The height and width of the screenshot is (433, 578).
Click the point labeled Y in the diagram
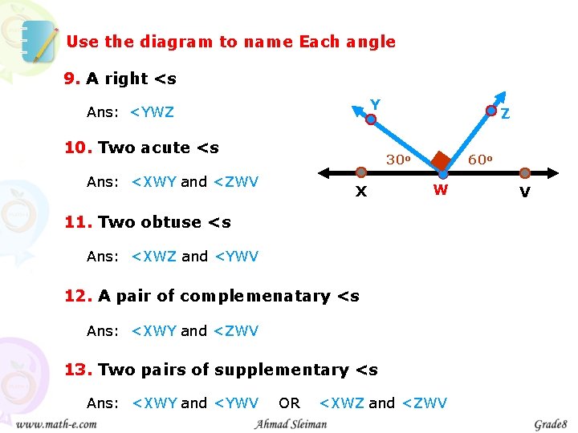[x=371, y=119]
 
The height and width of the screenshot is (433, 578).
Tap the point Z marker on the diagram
[x=491, y=111]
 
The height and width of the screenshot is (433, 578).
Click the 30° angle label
[x=398, y=160]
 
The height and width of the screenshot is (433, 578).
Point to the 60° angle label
[x=479, y=160]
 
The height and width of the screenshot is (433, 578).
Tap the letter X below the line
[x=361, y=192]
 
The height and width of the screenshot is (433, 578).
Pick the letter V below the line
[x=524, y=192]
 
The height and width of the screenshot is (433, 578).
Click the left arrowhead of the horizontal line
[x=324, y=172]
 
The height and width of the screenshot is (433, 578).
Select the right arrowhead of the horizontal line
[x=554, y=172]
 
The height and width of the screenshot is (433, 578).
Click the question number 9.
[x=72, y=79]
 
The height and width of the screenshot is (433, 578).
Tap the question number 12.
[x=79, y=296]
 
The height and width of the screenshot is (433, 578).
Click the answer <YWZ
[x=152, y=112]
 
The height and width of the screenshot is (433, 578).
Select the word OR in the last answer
[x=289, y=403]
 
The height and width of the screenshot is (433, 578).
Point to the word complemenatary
[x=255, y=296]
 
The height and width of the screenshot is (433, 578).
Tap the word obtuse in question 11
[x=174, y=222]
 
